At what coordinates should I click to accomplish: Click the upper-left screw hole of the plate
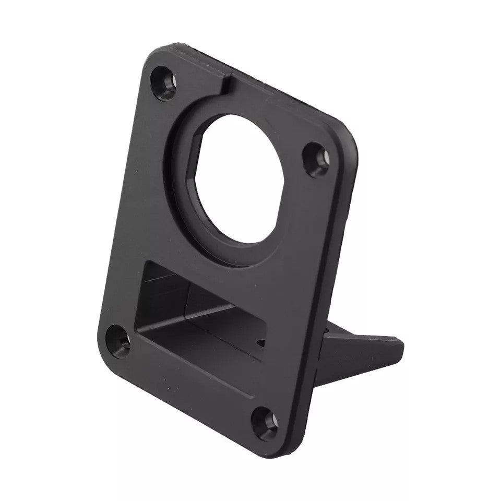[x=163, y=81]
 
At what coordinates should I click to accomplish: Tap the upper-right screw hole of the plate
[x=316, y=158]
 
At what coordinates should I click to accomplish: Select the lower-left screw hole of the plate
[x=118, y=341]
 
